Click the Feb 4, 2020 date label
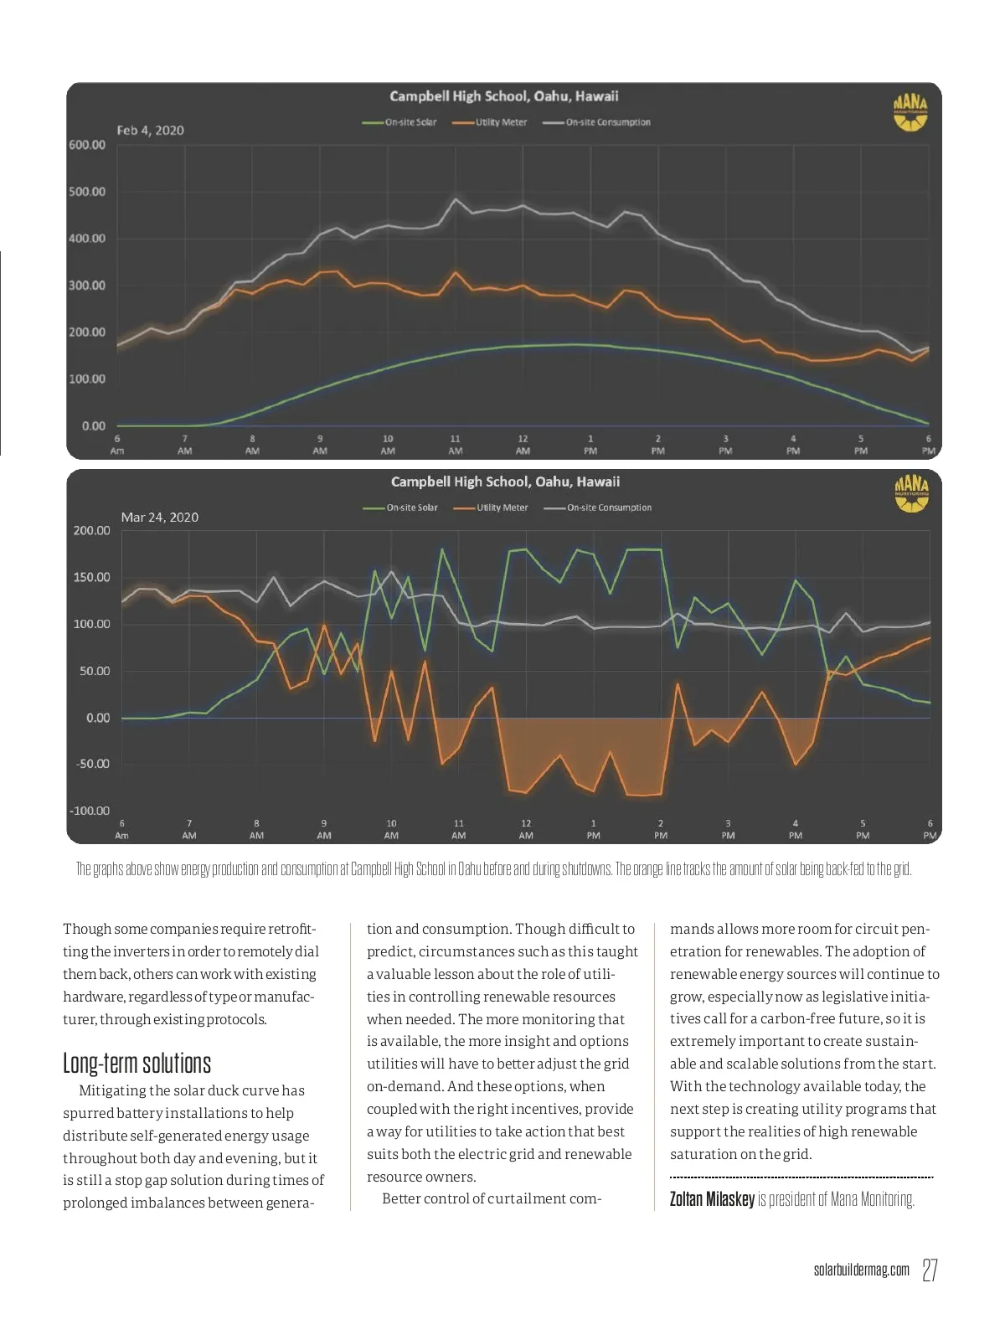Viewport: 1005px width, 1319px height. [x=150, y=131]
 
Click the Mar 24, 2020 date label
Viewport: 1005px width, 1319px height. [x=159, y=518]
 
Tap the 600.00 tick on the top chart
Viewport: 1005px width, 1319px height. [x=87, y=145]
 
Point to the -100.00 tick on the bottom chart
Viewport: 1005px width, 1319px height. [x=90, y=811]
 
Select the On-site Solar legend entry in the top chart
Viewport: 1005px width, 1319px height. [x=400, y=122]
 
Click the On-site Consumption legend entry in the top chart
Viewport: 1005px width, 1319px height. [x=597, y=122]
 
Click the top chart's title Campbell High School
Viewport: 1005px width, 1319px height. [x=504, y=96]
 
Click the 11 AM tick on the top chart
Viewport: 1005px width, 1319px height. [x=456, y=445]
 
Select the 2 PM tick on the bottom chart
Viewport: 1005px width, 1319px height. [x=661, y=829]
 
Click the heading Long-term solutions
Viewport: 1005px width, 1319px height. [x=137, y=1064]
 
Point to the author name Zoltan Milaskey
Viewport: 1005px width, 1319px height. [x=712, y=1199]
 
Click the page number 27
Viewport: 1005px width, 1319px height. [x=929, y=1270]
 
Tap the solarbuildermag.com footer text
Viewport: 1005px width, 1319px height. [x=861, y=1270]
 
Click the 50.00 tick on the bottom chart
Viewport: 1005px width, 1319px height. [x=93, y=671]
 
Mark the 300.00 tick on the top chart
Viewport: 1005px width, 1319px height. [x=87, y=286]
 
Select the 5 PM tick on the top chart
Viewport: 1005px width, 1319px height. [x=861, y=445]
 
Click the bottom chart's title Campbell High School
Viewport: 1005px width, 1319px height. [x=505, y=482]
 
